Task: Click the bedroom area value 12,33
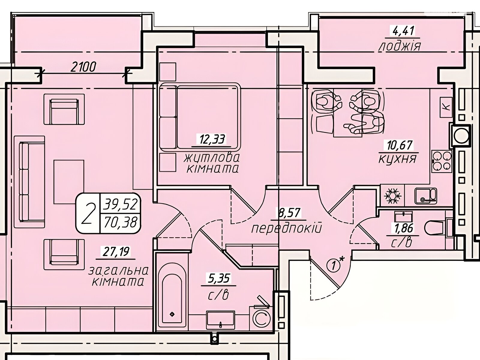(212, 139)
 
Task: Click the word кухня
(397, 159)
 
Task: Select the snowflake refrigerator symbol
(393, 195)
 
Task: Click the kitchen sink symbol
(425, 195)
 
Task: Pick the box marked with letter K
(446, 107)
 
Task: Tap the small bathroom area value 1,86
(403, 228)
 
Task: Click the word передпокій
(286, 229)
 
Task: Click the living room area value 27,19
(115, 252)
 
